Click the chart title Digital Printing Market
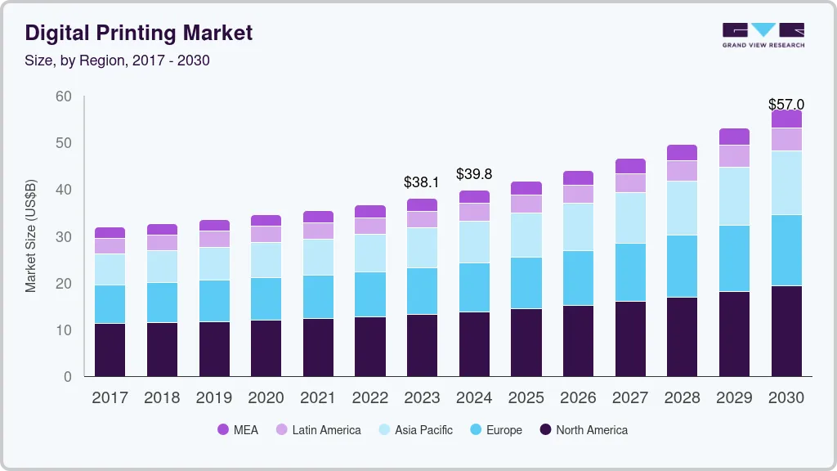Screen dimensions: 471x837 point(139,33)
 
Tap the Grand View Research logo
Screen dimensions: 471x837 point(763,34)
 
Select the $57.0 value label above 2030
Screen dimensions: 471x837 point(786,105)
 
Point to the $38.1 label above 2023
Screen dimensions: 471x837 point(422,182)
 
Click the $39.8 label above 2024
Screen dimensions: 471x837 point(474,174)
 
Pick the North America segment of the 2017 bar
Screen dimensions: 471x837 point(110,350)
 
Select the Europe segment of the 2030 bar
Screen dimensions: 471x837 point(786,250)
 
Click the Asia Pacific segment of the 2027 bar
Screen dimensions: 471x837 point(630,218)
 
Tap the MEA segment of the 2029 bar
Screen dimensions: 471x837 point(734,137)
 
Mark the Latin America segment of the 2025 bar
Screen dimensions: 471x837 point(526,204)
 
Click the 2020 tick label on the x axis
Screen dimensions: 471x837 point(266,398)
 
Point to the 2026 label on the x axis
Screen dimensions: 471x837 point(578,398)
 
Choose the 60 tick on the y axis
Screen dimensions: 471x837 point(64,96)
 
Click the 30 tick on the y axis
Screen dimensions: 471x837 point(64,237)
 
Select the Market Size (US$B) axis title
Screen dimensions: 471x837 point(31,237)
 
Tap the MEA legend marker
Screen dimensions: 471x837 point(223,430)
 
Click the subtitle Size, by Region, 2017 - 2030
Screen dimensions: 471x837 point(118,61)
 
